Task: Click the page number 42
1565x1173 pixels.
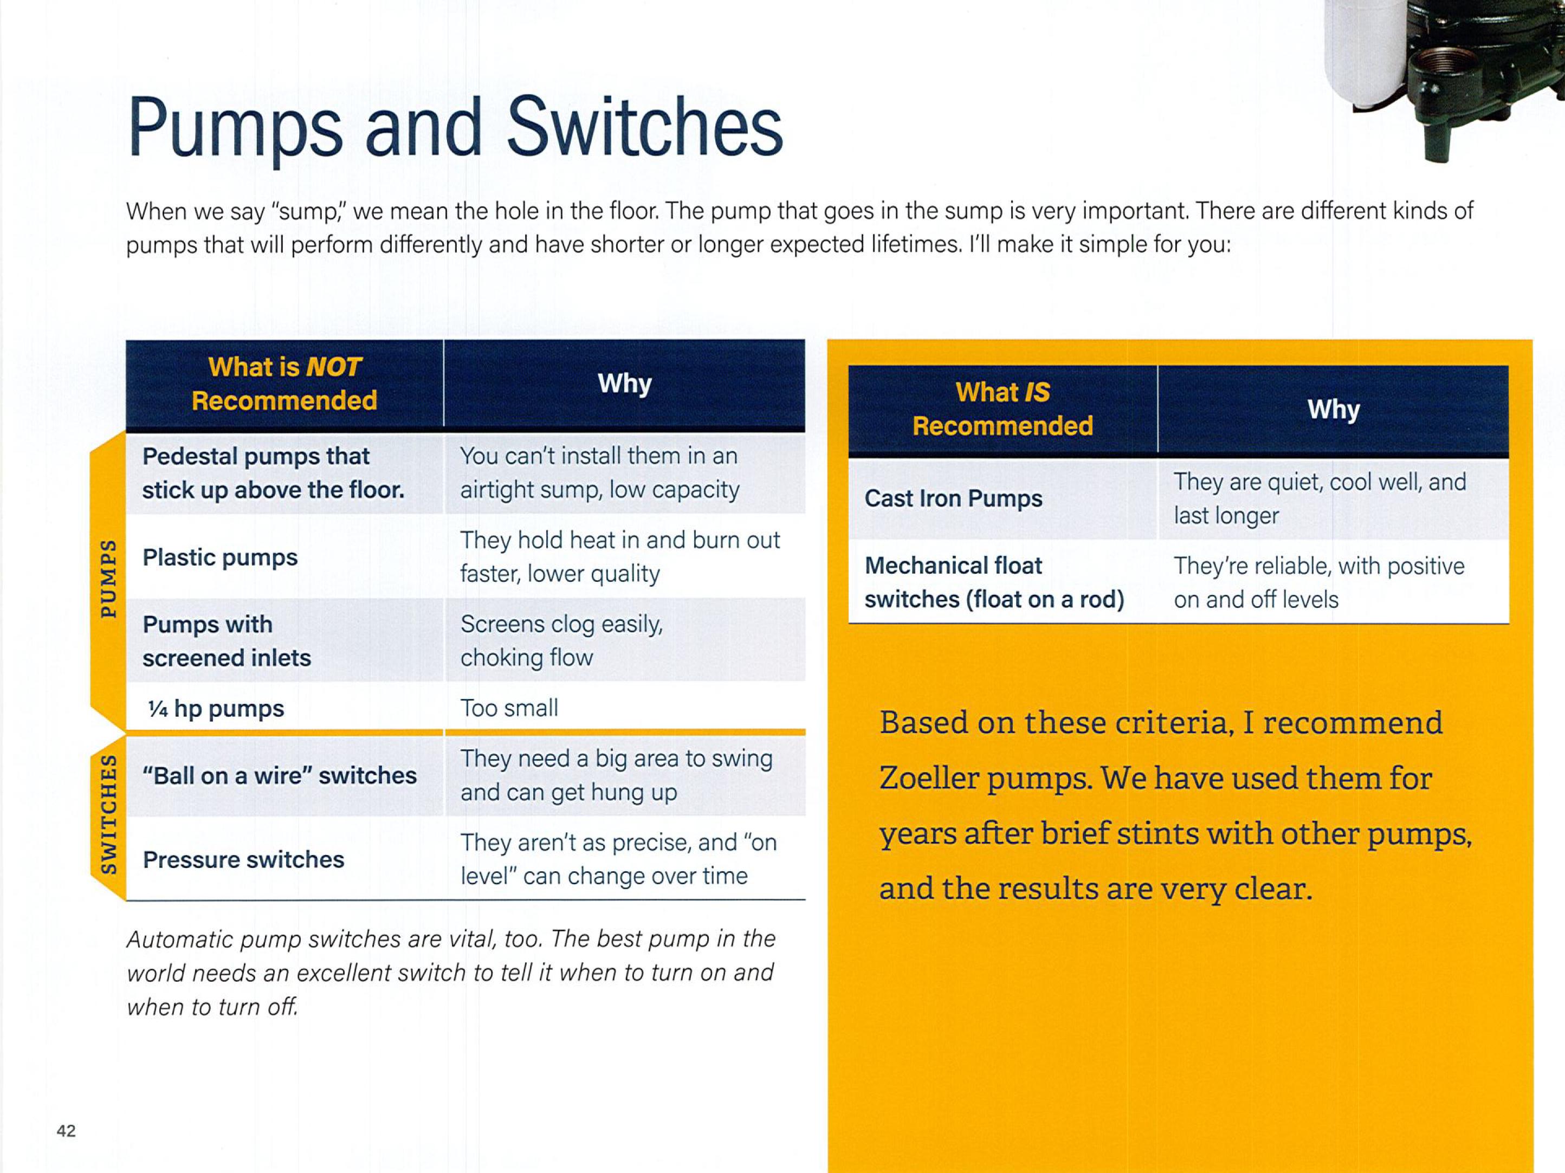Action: pyautogui.click(x=66, y=1131)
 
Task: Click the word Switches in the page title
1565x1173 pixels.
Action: pyautogui.click(x=644, y=127)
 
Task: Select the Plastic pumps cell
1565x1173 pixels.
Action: pyautogui.click(x=220, y=558)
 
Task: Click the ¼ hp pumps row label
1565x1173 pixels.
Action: pyautogui.click(x=216, y=708)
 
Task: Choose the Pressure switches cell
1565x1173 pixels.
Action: pyautogui.click(x=243, y=860)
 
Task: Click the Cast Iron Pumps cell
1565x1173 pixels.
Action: pyautogui.click(x=953, y=499)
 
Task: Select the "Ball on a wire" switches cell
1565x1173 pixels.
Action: pyautogui.click(x=280, y=775)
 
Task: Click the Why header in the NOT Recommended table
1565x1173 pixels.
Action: pyautogui.click(x=625, y=384)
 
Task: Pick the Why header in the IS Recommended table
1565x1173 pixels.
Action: pyautogui.click(x=1334, y=410)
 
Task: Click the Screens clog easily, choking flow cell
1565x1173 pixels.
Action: pyautogui.click(x=562, y=640)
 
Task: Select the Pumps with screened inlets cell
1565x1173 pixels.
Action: pyautogui.click(x=227, y=641)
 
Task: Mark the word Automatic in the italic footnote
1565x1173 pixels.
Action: pyautogui.click(x=180, y=939)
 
